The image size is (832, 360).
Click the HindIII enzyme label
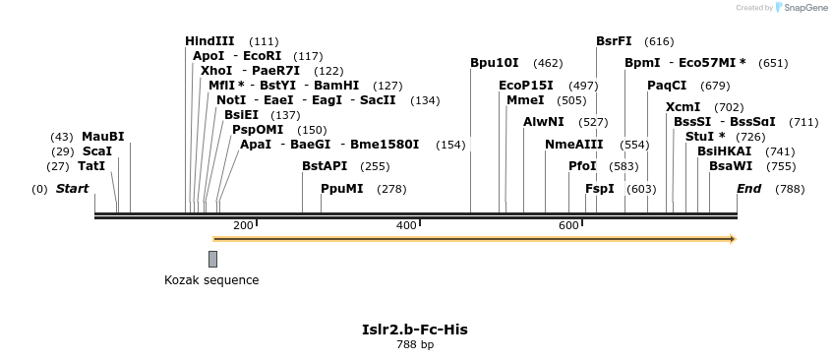point(209,41)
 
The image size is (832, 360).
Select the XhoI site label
point(214,71)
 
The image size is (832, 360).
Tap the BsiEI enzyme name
point(241,115)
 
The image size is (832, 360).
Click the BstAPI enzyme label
point(325,166)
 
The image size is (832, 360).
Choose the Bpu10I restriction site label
point(494,63)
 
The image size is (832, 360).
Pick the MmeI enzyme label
point(524,100)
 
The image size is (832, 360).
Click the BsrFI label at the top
point(614,41)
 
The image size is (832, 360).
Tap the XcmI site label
point(683,107)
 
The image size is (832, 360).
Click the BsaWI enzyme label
point(730,166)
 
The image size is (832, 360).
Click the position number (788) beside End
point(790,189)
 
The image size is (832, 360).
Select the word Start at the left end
point(72,189)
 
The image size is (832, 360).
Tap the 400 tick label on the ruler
point(406,226)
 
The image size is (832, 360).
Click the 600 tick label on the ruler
point(569,226)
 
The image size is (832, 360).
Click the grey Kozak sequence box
point(212,259)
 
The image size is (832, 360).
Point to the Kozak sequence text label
point(211,280)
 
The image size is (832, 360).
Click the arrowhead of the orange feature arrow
point(731,239)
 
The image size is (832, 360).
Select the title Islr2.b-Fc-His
point(415,329)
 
